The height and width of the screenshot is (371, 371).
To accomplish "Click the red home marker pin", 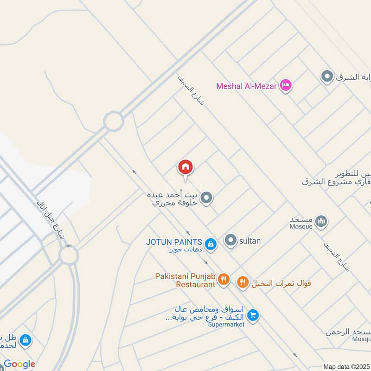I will click(x=185, y=167).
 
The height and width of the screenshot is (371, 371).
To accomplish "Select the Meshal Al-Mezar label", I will click(x=246, y=86).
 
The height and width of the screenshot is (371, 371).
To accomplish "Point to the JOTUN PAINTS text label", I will click(x=174, y=242).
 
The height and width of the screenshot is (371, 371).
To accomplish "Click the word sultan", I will click(x=250, y=241).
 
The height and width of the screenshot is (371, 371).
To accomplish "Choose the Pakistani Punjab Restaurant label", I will click(x=185, y=280).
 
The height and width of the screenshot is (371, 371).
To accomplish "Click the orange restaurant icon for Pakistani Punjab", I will click(x=224, y=279).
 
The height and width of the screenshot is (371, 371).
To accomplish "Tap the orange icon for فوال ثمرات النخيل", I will click(x=243, y=281).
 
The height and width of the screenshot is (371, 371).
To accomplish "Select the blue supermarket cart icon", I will click(x=253, y=315).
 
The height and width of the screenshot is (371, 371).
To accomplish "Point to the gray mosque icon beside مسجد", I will click(x=320, y=222).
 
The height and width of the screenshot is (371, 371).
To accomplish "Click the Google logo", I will click(x=19, y=364).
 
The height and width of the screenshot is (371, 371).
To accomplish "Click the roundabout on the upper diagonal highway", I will click(x=114, y=122).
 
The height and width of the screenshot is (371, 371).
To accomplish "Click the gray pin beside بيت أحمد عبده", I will click(x=207, y=198).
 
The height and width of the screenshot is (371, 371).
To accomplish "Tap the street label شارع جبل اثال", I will click(x=52, y=220).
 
